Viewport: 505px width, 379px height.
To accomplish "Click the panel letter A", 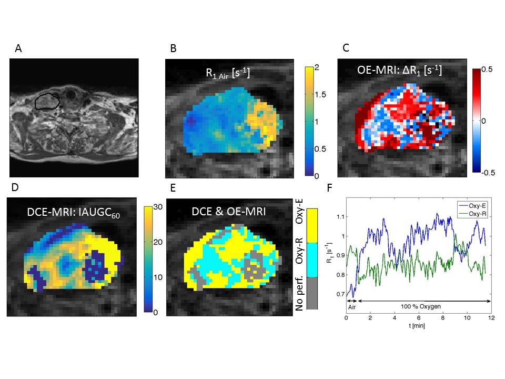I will point(18,49).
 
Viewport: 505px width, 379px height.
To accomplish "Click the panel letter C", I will point(346,48).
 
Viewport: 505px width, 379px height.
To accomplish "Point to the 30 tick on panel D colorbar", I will point(161,208).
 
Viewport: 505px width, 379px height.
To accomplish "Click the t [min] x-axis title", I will point(418,326).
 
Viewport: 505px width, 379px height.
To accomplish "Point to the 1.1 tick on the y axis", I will point(340,216).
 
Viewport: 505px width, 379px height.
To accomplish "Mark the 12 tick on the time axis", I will point(491,318).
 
